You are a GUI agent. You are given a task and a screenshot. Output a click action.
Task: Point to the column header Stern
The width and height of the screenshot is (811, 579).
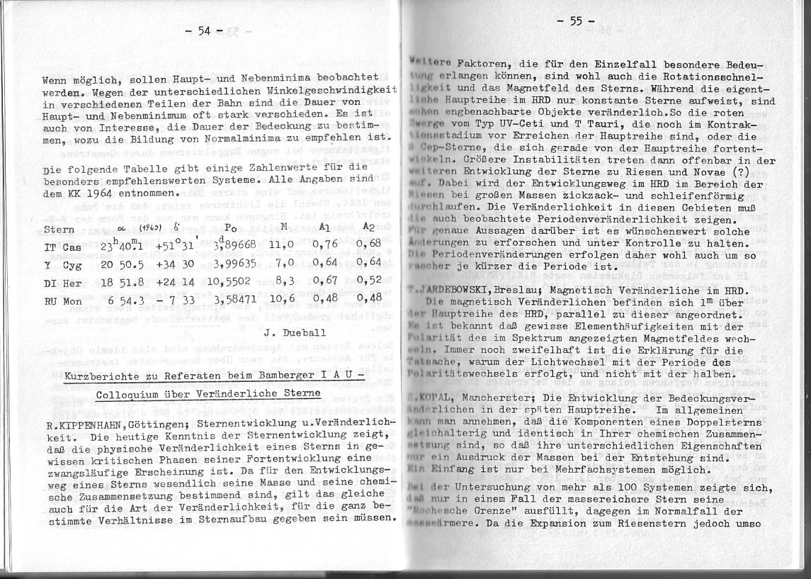[x=59, y=230]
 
